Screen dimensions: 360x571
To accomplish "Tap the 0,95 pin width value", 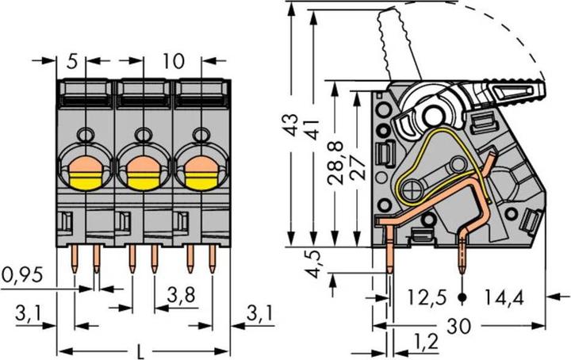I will (21, 277).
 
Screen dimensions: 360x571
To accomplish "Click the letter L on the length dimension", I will (140, 350).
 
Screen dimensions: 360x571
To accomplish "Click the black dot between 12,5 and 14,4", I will (463, 299).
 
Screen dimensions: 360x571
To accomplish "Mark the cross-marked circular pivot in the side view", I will (415, 190).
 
